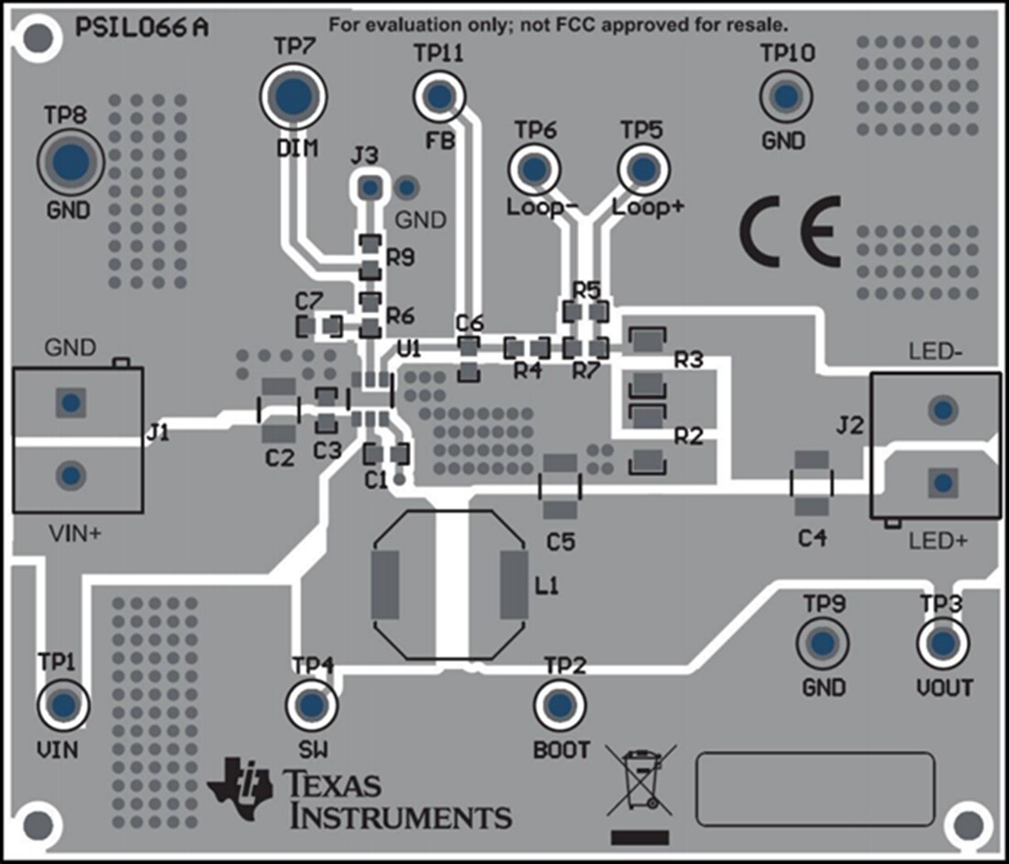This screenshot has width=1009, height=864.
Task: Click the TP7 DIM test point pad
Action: tap(294, 95)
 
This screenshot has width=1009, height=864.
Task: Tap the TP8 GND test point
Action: tap(70, 162)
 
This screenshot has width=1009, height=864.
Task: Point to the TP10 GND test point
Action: tap(785, 95)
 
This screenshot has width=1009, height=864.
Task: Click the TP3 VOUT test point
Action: tap(942, 643)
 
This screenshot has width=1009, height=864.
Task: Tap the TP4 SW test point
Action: tap(312, 704)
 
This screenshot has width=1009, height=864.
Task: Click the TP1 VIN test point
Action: tap(62, 704)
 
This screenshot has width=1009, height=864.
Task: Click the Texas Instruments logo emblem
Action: tap(240, 787)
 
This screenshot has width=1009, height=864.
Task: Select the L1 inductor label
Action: tap(546, 586)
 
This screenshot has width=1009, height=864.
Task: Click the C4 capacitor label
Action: tap(811, 538)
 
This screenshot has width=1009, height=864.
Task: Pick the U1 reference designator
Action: tap(409, 349)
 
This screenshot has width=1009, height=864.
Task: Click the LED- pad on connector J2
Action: tap(940, 409)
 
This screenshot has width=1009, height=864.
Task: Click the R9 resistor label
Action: tap(400, 258)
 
